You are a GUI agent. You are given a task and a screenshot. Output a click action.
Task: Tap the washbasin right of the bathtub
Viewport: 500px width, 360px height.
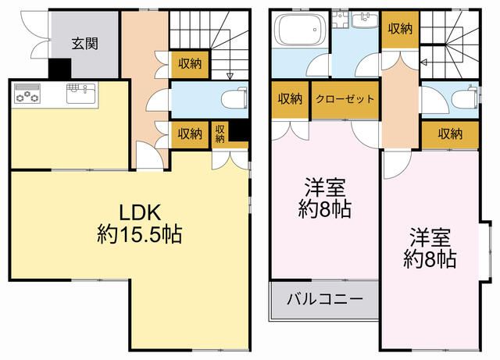(364, 21)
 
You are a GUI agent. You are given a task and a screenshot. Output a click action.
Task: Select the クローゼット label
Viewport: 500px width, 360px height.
(345, 99)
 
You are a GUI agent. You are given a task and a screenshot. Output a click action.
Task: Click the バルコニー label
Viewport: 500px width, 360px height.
(323, 299)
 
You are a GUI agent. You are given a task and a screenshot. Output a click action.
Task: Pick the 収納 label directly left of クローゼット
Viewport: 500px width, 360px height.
(291, 99)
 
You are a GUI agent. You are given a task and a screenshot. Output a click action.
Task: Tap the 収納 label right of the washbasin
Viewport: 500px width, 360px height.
(400, 29)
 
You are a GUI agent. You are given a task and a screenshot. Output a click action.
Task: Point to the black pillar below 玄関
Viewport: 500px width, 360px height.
(58, 70)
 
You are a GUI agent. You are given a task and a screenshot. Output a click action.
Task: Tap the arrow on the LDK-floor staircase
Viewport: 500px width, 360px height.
(229, 76)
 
